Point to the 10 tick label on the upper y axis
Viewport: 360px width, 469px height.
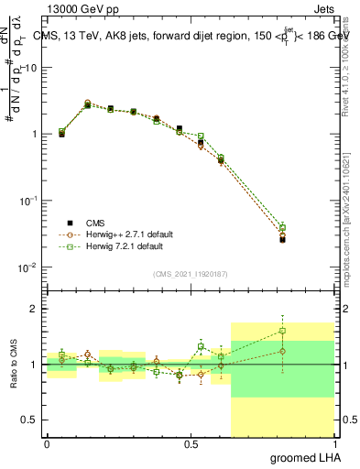(x=27, y=68)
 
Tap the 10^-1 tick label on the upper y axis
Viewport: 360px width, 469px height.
(x=27, y=201)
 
